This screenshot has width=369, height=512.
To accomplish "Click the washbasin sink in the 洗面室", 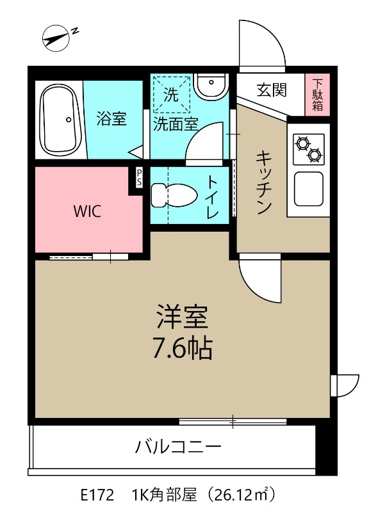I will pos(211,86).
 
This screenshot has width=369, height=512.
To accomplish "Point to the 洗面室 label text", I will pos(175,125).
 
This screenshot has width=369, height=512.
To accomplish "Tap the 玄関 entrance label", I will pos(272,90).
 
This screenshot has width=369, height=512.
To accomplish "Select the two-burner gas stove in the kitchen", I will pos(308,148).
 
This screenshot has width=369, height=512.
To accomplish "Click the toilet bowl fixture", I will pos(174,195).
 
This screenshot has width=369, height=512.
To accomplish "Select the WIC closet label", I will pos(86,211).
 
